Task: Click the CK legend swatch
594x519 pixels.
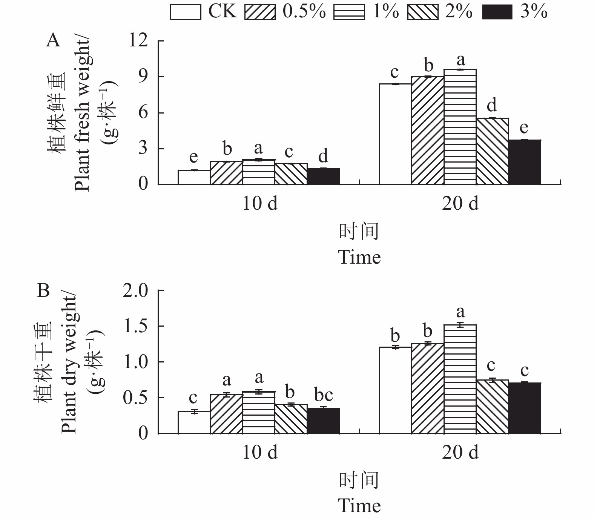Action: pos(185,12)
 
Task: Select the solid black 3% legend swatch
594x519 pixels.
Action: pos(497,12)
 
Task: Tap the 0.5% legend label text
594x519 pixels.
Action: pos(304,11)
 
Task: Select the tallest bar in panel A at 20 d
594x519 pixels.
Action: pos(460,127)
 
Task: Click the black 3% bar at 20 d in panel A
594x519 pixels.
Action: pos(525,162)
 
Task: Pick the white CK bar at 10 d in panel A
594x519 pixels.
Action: pos(194,177)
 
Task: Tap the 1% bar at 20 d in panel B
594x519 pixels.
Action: pos(460,379)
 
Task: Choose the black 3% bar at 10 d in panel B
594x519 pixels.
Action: pos(323,421)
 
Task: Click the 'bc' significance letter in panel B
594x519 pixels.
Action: pos(324,395)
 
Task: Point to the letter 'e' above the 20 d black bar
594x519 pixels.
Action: pos(524,128)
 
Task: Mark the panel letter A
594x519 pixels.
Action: pos(53,40)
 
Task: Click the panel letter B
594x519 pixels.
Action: pos(44,291)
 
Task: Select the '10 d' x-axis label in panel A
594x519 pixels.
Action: pos(260,204)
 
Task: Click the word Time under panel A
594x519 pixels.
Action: pos(359,258)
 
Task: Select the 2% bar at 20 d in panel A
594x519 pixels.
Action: pos(492,151)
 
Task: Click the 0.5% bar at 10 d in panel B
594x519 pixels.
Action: pos(226,414)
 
